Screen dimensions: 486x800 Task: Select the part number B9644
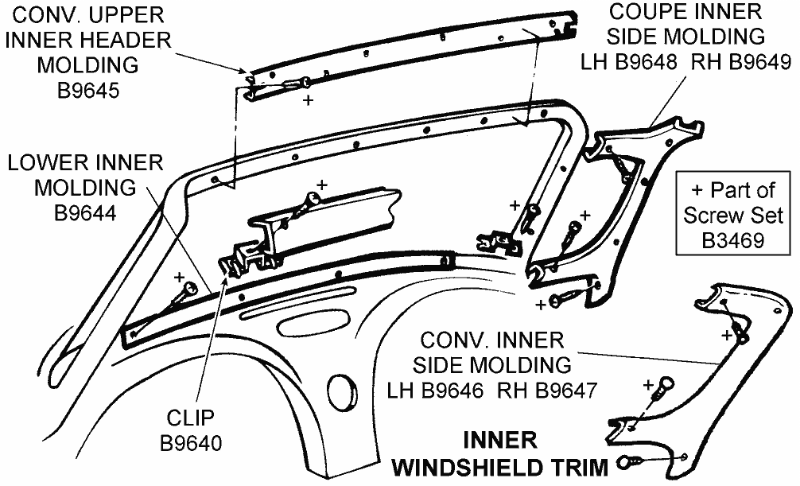[x=85, y=213]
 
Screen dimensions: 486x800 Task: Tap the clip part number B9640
[x=191, y=441]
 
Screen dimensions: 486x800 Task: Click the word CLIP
[x=191, y=418]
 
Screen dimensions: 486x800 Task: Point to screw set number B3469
[x=732, y=240]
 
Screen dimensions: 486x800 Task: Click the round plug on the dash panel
[x=343, y=391]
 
